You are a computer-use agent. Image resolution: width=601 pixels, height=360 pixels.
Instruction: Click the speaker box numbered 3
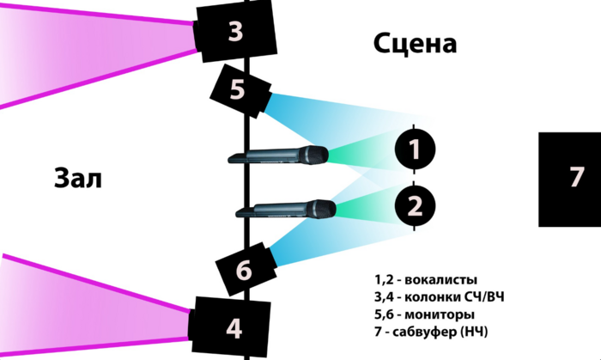[x=235, y=33]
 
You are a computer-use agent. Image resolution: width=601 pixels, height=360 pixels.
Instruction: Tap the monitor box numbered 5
[x=239, y=89]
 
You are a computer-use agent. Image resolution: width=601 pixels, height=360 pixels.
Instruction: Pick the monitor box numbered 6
[x=244, y=270]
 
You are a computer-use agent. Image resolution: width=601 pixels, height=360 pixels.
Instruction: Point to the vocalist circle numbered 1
[x=415, y=150]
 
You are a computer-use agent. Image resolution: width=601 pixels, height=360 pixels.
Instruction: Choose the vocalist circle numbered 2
[x=415, y=204]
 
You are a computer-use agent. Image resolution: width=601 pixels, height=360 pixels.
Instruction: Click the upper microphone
[x=275, y=156]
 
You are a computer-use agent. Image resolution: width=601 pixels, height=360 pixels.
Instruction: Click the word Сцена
[x=415, y=43]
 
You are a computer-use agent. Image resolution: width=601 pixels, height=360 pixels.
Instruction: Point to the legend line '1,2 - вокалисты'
[x=425, y=280]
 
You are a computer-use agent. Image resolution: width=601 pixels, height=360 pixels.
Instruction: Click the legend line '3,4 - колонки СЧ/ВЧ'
[x=439, y=297]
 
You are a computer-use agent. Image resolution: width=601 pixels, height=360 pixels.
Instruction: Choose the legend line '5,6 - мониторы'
[x=426, y=314]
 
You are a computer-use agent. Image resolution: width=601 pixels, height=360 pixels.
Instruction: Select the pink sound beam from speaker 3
[x=86, y=47]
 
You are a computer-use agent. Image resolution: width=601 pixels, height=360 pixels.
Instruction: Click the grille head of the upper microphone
[x=314, y=155]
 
